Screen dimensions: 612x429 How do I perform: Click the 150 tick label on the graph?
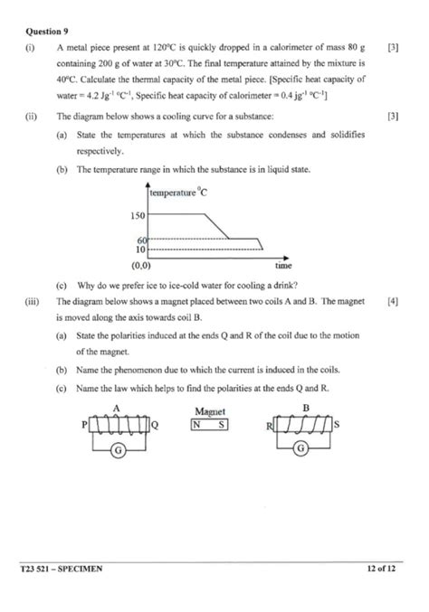(x=137, y=216)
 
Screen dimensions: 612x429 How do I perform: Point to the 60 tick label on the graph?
(x=141, y=240)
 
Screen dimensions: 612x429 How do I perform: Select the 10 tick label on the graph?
(x=140, y=248)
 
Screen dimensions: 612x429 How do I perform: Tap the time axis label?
(x=283, y=267)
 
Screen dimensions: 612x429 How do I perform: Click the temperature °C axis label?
(x=178, y=193)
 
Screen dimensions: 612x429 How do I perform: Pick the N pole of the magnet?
(x=197, y=424)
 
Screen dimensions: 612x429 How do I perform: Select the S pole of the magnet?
(x=222, y=424)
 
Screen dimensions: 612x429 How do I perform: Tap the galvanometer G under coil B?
(x=302, y=451)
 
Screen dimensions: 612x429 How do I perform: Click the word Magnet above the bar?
(x=209, y=410)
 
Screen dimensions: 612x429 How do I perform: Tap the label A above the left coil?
(x=117, y=409)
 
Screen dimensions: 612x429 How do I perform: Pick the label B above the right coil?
(x=305, y=409)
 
